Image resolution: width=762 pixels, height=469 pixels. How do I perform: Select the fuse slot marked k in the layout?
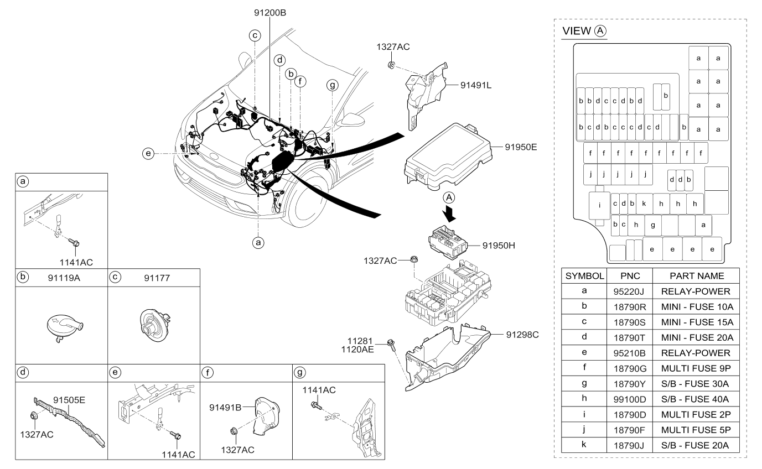click(644, 204)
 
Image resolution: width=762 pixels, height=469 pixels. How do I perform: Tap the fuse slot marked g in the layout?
click(653, 225)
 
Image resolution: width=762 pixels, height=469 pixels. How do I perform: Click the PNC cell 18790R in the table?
click(630, 306)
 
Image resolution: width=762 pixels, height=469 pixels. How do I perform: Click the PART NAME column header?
click(696, 275)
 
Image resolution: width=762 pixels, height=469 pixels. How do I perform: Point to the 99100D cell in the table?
click(630, 399)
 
